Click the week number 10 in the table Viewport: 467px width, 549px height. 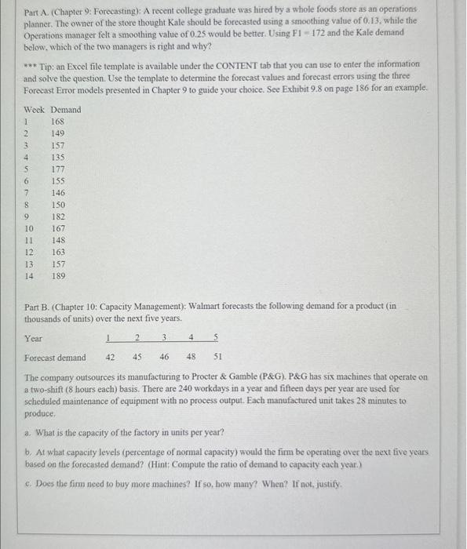[x=29, y=228]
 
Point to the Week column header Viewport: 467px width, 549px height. [x=35, y=110]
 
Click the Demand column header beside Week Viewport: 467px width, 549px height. [x=66, y=110]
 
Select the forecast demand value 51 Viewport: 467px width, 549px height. [x=217, y=358]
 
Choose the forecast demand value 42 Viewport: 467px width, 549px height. [x=111, y=358]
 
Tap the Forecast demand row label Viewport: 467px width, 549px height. [x=55, y=358]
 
